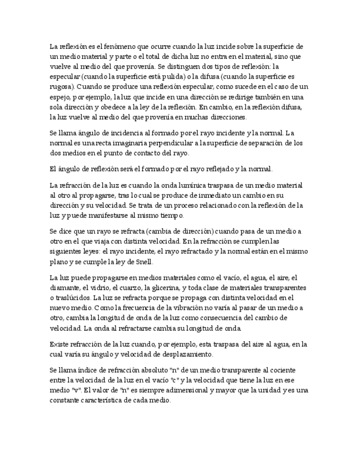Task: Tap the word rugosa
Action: point(60,87)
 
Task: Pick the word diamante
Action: point(64,288)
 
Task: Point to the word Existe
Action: point(60,345)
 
